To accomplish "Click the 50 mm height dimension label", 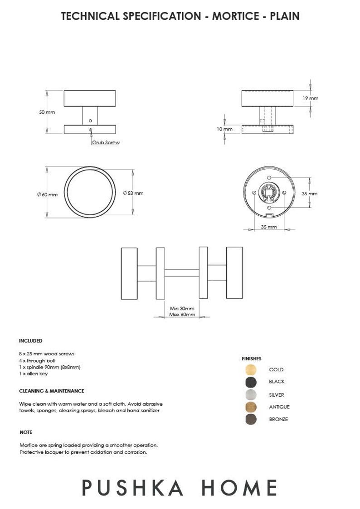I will [47, 112].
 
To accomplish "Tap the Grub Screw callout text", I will [106, 142].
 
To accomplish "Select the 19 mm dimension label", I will [311, 98].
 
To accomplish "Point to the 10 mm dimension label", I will [224, 129].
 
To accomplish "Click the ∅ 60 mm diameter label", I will [48, 194].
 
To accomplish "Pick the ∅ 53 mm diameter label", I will [133, 193].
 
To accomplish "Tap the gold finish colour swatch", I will [250, 369].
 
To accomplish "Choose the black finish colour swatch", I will [250, 382].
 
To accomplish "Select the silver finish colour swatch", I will [250, 394].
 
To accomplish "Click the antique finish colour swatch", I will [250, 407].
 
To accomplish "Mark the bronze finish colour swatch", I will [250, 419].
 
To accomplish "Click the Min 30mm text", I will [182, 309].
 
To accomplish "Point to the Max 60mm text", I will [182, 314].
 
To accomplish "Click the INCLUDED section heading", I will [30, 341].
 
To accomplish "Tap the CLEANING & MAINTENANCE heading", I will [51, 391].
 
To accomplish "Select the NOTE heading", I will [26, 432].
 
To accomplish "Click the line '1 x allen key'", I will [33, 374].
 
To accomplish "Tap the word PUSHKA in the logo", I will [133, 488].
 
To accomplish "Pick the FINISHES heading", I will [251, 359].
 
